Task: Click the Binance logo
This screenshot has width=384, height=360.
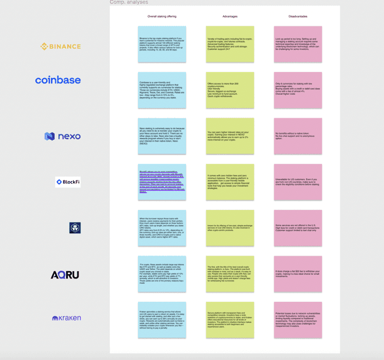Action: pos(61,46)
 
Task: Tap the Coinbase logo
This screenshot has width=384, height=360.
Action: pos(58,80)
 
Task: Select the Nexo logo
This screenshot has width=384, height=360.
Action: pos(62,136)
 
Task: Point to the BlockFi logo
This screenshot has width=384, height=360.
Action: pos(68,181)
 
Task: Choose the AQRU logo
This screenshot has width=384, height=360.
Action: pos(65,275)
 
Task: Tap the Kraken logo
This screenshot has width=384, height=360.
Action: pos(67,317)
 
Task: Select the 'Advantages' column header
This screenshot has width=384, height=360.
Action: pos(230,16)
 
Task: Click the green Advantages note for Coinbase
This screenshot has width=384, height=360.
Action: pos(230,90)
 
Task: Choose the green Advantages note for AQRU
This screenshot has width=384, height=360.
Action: pos(230,274)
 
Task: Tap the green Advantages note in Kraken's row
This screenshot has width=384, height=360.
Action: pos(230,320)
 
